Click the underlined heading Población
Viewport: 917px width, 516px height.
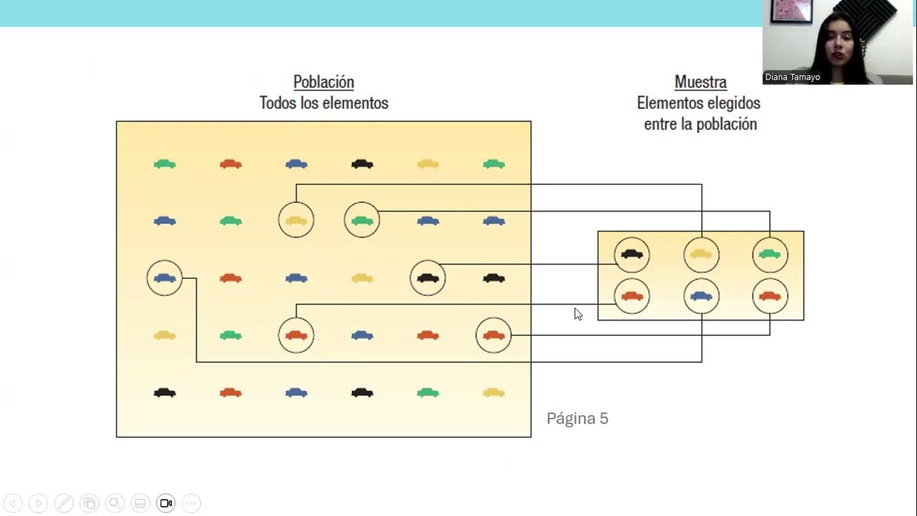323,82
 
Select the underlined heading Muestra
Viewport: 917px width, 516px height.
700,82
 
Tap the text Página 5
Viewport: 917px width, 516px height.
577,419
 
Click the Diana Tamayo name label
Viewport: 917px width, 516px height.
792,77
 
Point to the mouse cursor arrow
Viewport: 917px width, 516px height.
577,313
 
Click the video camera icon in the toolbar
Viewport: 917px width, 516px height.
165,503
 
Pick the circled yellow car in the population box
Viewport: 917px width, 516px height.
296,221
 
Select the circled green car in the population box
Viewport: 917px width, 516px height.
362,221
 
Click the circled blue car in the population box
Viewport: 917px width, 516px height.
165,278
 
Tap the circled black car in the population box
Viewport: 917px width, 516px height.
428,278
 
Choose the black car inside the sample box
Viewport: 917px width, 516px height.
632,254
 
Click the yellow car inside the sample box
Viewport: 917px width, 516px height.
701,254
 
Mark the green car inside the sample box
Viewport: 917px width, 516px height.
770,254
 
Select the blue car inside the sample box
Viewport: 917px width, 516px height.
701,296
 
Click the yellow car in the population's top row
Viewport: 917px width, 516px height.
428,164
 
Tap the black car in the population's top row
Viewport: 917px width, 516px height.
362,164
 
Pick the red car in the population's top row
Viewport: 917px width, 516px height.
231,164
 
